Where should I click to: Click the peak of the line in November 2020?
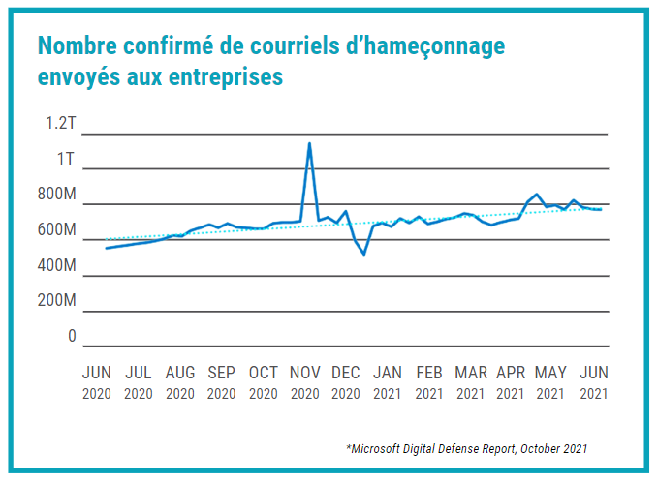pos(309,144)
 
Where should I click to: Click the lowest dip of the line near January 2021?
pos(364,254)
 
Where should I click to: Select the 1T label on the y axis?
pos(66,159)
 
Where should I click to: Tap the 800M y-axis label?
pos(56,195)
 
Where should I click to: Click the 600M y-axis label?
pos(56,230)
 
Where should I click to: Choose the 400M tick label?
pos(56,265)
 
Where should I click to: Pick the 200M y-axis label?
pos(56,301)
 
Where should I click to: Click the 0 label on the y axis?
pos(71,337)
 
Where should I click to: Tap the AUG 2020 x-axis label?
pos(180,382)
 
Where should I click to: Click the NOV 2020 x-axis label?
pos(305,382)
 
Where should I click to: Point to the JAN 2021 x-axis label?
pos(388,382)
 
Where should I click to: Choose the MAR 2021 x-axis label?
pos(471,382)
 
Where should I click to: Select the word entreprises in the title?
pos(222,75)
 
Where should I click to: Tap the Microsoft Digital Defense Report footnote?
pos(466,448)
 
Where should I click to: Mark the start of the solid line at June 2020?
pos(106,249)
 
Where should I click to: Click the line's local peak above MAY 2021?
pos(537,194)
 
